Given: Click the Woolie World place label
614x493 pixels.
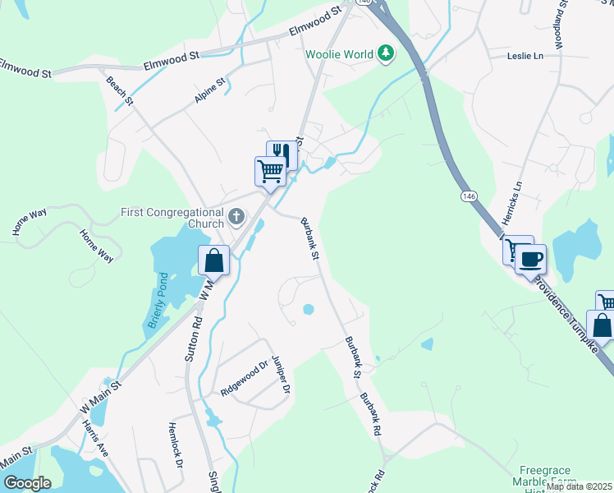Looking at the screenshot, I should pyautogui.click(x=340, y=54).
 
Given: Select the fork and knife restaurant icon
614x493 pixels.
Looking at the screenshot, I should pyautogui.click(x=282, y=154).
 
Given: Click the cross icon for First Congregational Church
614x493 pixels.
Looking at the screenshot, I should pyautogui.click(x=236, y=218).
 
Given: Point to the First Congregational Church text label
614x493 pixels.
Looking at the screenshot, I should pyautogui.click(x=172, y=218).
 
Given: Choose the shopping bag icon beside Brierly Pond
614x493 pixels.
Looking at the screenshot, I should pyautogui.click(x=213, y=260).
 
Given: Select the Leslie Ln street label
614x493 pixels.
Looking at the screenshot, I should pyautogui.click(x=527, y=56).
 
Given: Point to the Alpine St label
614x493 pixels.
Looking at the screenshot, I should pyautogui.click(x=209, y=90).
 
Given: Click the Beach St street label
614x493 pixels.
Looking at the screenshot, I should pyautogui.click(x=120, y=90).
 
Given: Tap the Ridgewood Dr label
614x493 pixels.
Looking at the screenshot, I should pyautogui.click(x=245, y=378).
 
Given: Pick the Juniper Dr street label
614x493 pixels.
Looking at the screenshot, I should pyautogui.click(x=281, y=376).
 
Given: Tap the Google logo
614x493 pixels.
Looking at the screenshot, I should pyautogui.click(x=27, y=482).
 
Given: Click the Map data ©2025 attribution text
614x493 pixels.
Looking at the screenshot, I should pyautogui.click(x=579, y=487).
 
